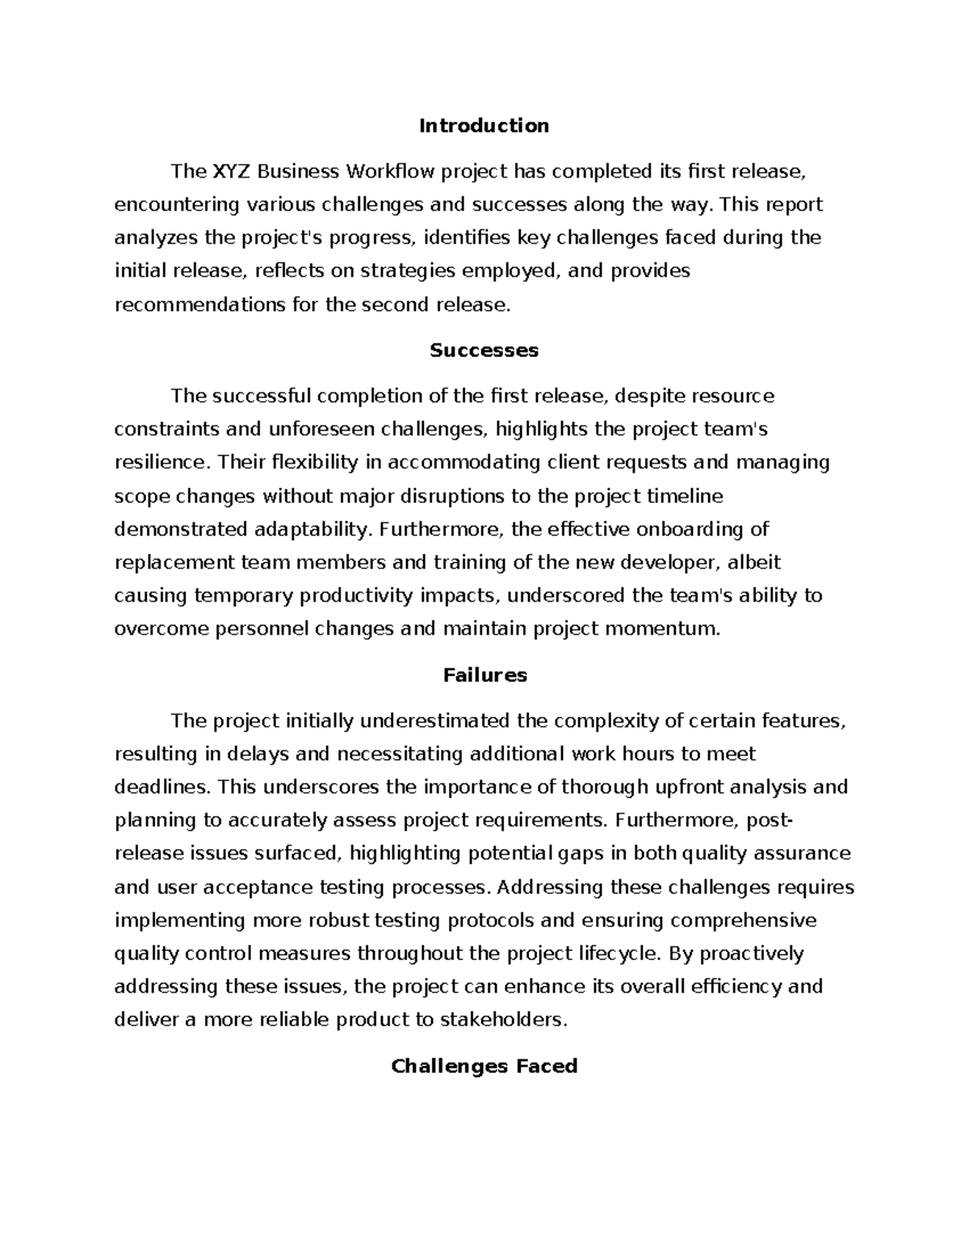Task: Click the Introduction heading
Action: point(484,126)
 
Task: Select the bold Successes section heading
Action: point(484,350)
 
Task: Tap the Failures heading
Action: point(484,675)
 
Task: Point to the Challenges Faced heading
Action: point(484,1067)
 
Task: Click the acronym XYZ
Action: point(231,171)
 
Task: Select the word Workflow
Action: point(391,171)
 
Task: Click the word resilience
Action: point(159,463)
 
